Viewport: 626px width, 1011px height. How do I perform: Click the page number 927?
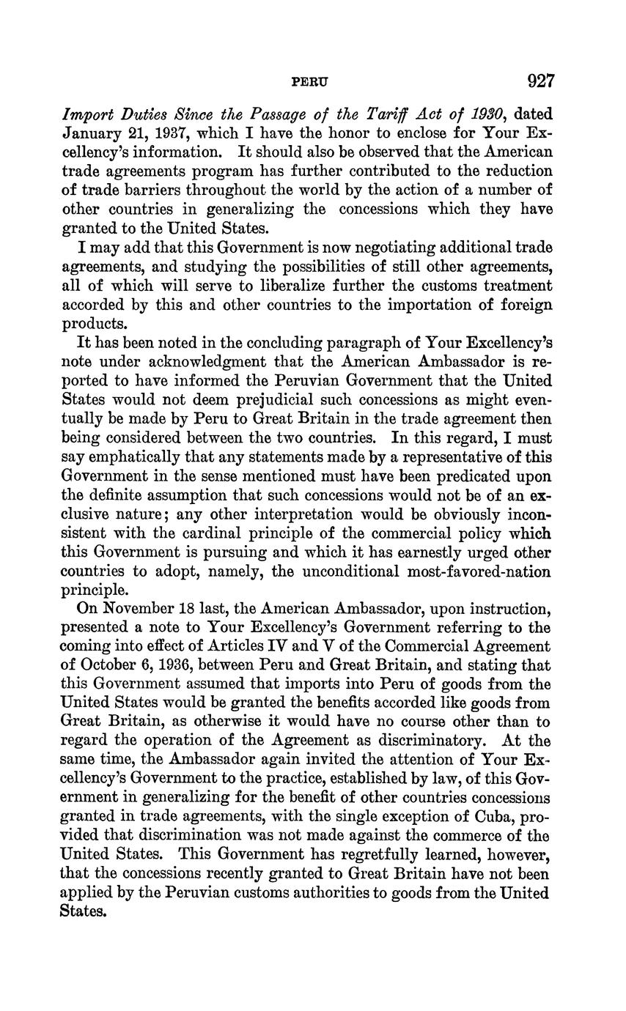(x=539, y=81)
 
